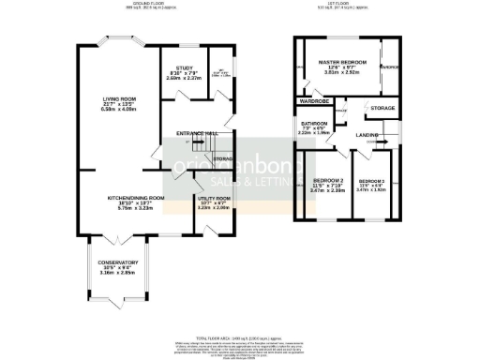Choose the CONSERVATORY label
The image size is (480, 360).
(119, 262)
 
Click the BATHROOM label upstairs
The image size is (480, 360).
(313, 124)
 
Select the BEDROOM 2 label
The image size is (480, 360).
(327, 179)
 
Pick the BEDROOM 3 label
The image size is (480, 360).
(371, 180)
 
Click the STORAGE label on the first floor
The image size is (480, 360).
(382, 109)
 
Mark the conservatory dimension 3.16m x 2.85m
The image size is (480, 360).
(119, 274)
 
